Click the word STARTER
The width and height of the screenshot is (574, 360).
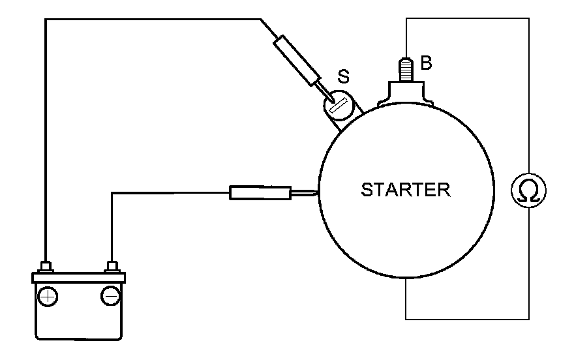405,190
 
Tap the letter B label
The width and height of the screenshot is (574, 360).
427,63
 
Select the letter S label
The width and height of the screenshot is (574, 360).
342,76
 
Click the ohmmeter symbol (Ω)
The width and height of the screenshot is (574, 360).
528,190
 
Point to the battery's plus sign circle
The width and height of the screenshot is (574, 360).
47,297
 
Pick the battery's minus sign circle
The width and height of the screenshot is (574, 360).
110,297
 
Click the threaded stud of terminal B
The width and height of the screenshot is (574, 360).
406,68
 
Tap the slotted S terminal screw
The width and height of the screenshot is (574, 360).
338,104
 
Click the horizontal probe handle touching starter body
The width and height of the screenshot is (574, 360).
259,192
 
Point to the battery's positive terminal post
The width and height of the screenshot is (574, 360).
46,267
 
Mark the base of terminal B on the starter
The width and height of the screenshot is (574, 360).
406,90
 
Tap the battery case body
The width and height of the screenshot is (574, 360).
78,320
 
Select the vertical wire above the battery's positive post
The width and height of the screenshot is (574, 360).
45,143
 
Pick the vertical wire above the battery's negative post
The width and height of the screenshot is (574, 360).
112,228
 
